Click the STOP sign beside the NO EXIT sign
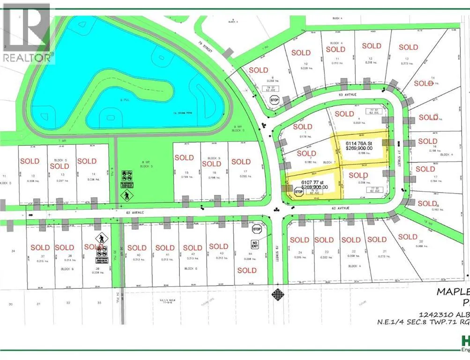tap(256, 229)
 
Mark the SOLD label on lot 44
tap(246, 270)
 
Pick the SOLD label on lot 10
tap(301, 53)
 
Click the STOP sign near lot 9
tap(275, 100)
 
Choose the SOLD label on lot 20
tap(407, 237)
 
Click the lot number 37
tap(43, 256)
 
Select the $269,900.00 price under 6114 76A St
tap(359, 148)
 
